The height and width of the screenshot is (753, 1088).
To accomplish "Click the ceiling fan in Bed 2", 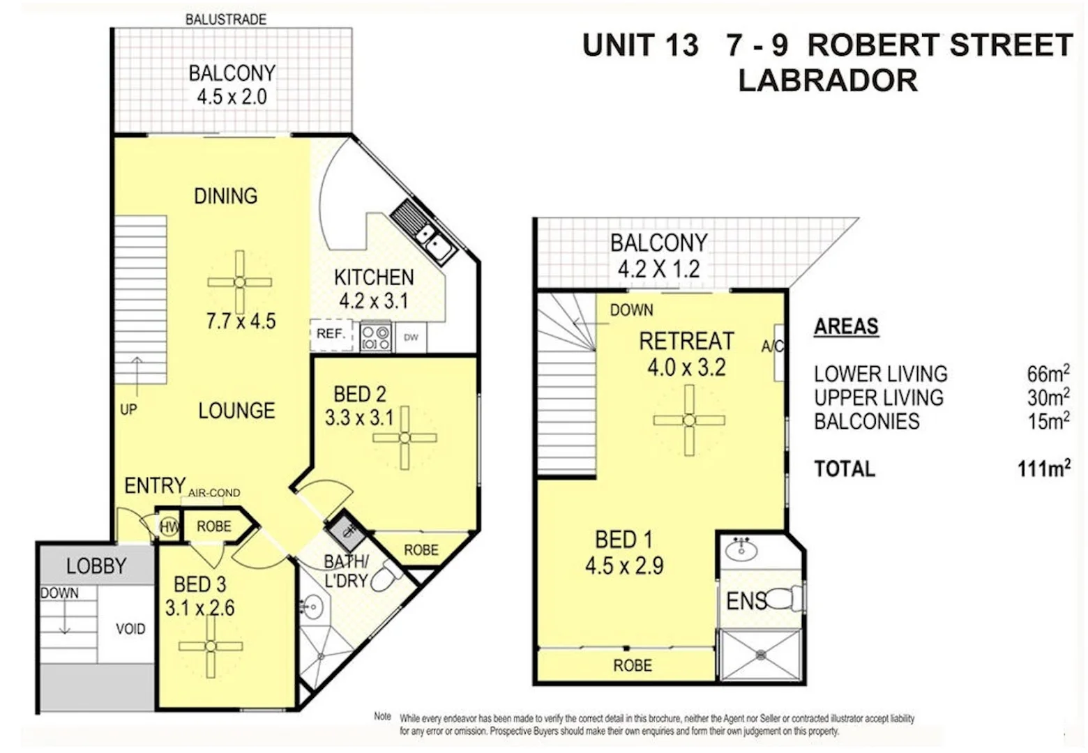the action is pos(405,438).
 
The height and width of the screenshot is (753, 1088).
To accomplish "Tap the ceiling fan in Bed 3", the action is pos(211,646).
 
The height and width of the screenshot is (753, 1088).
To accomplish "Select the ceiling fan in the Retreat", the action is pos(689,420).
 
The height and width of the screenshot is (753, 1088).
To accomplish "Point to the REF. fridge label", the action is pos(331,334).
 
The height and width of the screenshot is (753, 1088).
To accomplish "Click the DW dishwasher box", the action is pos(411,337).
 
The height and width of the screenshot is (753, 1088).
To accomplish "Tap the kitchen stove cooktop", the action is pos(375,337).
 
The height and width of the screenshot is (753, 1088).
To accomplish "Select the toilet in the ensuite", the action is pos(790,598).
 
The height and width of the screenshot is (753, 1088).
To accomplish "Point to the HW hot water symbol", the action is pos(169,527).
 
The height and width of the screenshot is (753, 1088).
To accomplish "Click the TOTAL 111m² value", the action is pos(1043,469).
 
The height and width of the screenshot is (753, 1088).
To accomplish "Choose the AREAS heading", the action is pos(846,326).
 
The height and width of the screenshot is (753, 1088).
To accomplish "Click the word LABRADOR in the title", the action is pos(828,80).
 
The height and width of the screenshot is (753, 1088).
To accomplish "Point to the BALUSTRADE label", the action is pos(225,20).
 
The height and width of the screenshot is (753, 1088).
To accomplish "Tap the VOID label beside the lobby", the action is pos(130,629).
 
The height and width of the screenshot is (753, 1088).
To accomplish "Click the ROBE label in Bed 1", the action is pos(633,666).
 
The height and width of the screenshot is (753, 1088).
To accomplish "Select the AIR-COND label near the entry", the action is pos(214,493).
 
